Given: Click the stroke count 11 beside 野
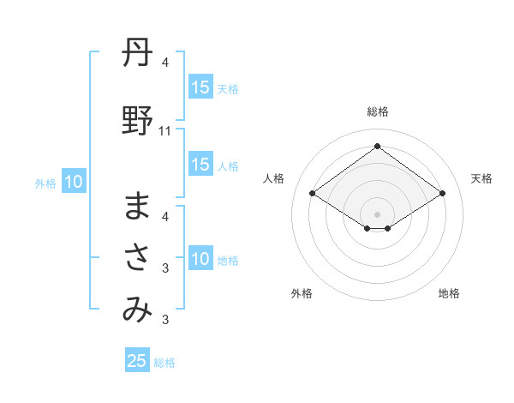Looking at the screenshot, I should (x=165, y=131).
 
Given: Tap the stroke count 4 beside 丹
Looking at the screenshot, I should (x=165, y=63).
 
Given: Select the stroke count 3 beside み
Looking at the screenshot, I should (x=165, y=320).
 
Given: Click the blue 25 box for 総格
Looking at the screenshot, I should (x=137, y=361).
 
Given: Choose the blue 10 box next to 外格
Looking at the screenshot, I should (x=73, y=182).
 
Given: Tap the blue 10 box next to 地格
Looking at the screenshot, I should (x=200, y=260).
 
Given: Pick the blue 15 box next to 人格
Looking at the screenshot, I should (x=200, y=165).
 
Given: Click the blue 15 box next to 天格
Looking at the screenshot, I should (x=200, y=87).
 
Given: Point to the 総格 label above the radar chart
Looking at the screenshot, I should (x=378, y=111).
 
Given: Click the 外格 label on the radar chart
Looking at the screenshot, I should (x=302, y=293).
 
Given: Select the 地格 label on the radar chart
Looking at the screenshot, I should (x=449, y=293).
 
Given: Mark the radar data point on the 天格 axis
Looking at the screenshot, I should (x=442, y=194).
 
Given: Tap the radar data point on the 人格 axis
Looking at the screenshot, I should (x=313, y=194).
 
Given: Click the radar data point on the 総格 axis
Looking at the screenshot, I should (x=378, y=147).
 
